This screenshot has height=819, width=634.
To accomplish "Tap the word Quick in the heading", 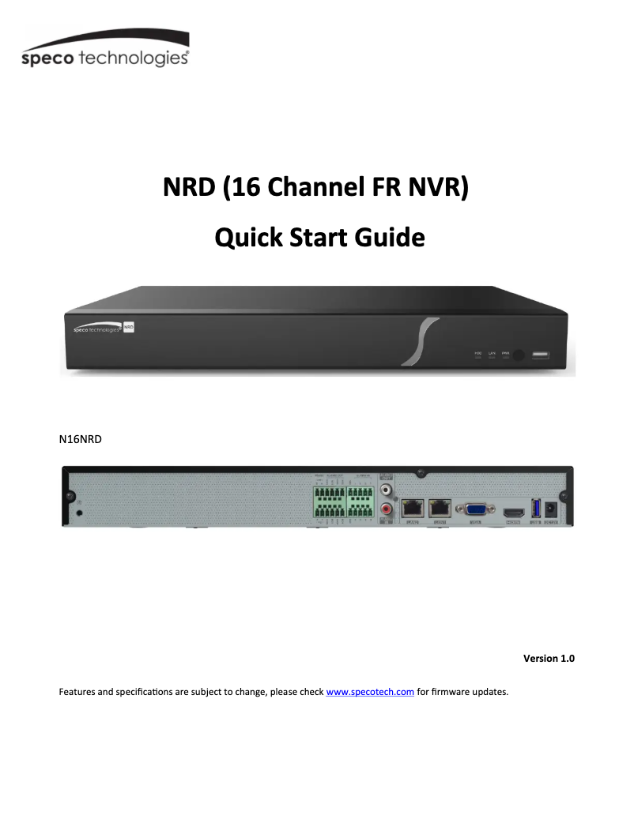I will pyautogui.click(x=248, y=237).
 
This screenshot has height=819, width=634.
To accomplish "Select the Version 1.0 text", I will pyautogui.click(x=549, y=658).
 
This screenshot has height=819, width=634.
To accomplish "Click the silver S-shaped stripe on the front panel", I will pyautogui.click(x=417, y=341).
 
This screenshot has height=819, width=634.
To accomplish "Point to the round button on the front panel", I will pyautogui.click(x=518, y=355).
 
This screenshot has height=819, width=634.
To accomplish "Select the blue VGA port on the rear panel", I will pyautogui.click(x=476, y=509).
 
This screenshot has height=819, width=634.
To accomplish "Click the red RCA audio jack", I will pyautogui.click(x=387, y=509).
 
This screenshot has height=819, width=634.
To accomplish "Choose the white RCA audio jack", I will pyautogui.click(x=387, y=490).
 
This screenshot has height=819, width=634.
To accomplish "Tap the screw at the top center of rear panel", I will pyautogui.click(x=421, y=475).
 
